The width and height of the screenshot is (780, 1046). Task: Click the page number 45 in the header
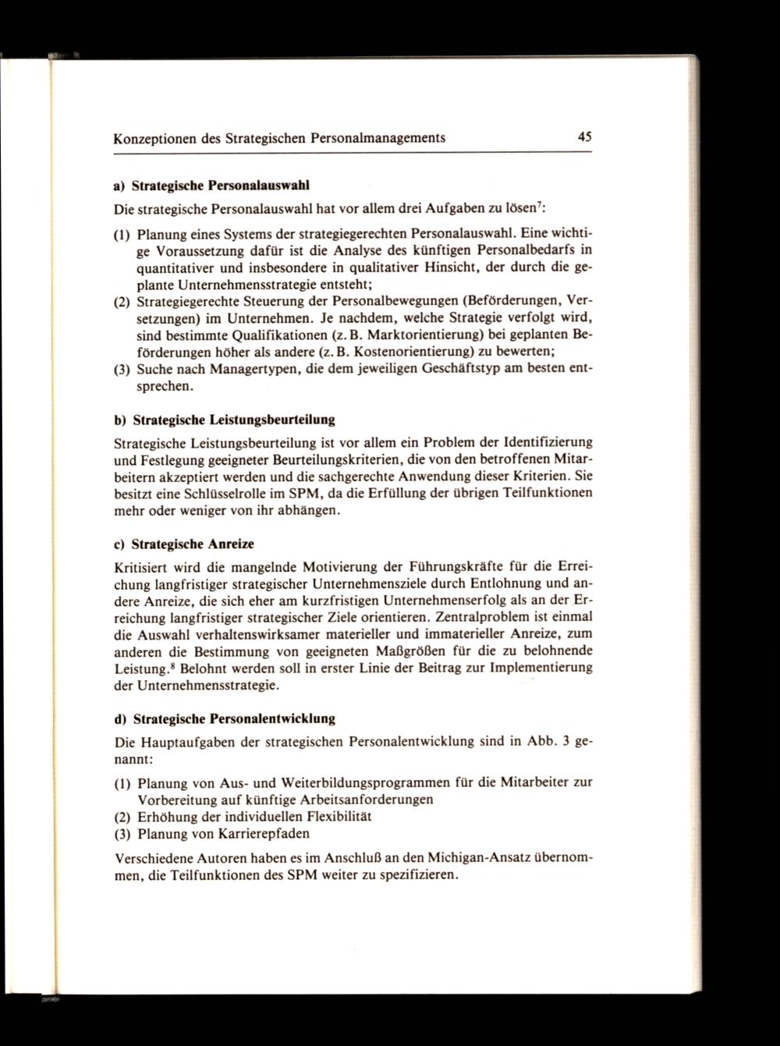586,137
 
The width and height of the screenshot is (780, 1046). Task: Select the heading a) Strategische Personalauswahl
211,187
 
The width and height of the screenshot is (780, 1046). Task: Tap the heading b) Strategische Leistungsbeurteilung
225,420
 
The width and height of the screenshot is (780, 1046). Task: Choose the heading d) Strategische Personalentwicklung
225,718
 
